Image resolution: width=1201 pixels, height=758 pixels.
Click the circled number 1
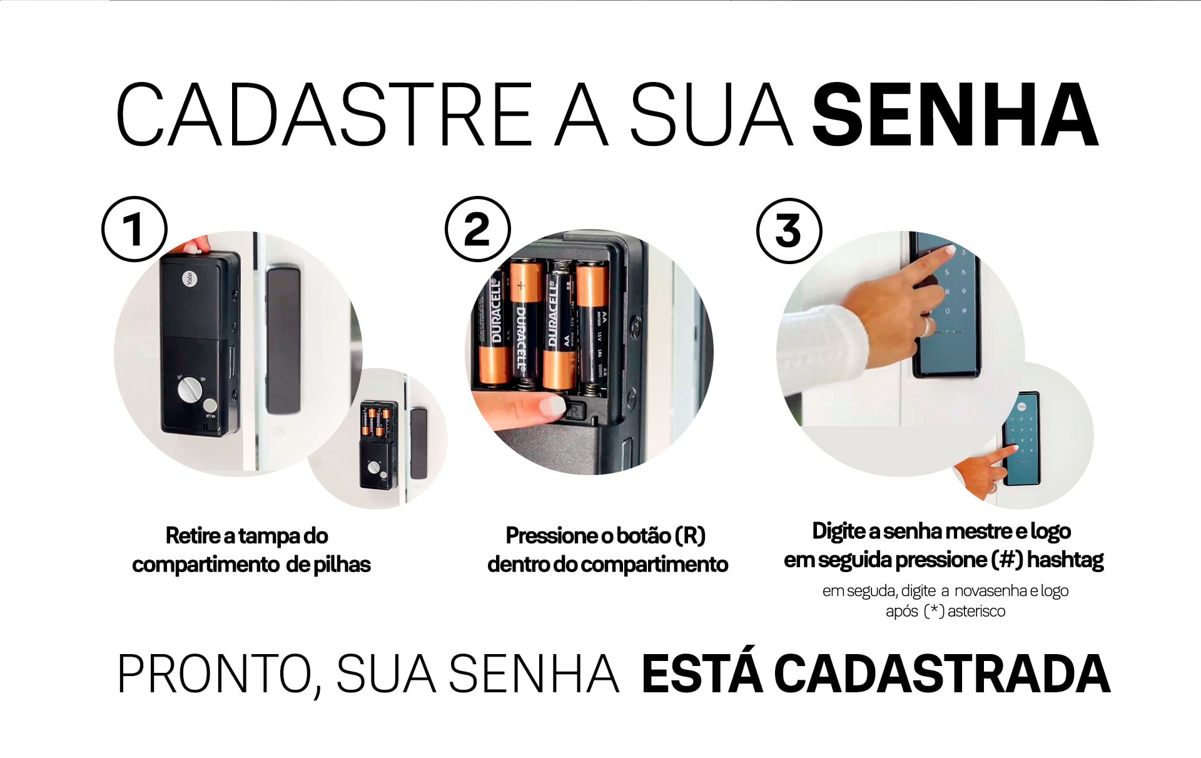134,229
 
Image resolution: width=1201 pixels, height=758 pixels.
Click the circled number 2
477,229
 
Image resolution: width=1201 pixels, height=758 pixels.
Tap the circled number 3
789,230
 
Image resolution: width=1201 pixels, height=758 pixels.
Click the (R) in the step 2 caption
690,536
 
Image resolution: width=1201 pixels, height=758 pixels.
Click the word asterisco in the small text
976,612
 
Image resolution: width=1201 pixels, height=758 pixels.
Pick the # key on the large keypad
965,310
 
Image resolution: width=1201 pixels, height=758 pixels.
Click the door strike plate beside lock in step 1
283,338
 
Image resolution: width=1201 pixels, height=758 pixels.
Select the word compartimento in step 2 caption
654,565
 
